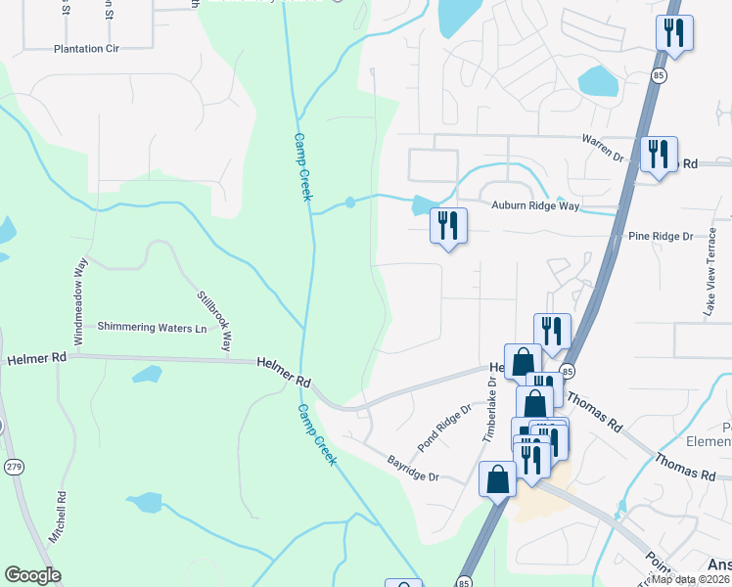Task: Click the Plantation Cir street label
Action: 86,48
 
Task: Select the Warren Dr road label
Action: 602,148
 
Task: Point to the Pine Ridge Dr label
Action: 660,237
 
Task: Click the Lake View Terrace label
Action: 711,279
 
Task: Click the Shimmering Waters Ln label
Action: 152,327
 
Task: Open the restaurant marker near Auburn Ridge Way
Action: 448,226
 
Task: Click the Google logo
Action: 32,575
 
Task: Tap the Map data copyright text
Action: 691,579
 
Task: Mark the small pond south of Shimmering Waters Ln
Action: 147,374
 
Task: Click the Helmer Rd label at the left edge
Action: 36,359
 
